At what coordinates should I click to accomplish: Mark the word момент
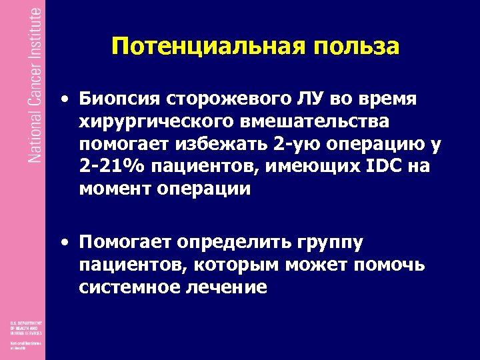click(115, 189)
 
